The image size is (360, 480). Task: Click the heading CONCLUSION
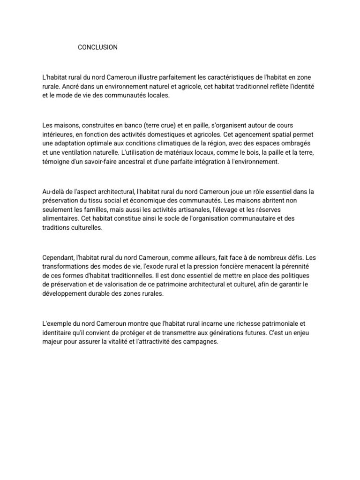[97, 47]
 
